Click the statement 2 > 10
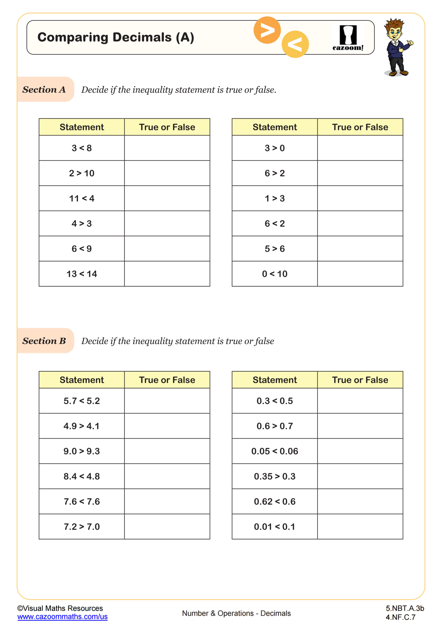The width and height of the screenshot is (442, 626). point(82,173)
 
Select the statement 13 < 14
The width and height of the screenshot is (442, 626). point(82,274)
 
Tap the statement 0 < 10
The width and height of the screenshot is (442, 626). point(275,274)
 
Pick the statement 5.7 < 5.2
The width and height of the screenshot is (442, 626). point(82,401)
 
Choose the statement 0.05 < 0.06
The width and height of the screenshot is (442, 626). point(275,451)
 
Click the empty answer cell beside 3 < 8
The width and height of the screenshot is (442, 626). point(167,148)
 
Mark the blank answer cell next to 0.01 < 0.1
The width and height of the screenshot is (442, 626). point(360,526)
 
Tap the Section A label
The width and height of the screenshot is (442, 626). point(44,89)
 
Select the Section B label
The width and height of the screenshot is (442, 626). point(44,341)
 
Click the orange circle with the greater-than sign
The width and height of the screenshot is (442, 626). point(267,30)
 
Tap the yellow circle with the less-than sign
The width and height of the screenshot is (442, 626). point(295,44)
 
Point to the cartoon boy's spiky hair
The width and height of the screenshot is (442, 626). point(394,24)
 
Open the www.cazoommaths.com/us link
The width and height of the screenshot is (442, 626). point(62,616)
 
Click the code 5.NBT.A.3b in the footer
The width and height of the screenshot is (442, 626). point(405,608)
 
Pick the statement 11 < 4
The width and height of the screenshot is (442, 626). point(82,198)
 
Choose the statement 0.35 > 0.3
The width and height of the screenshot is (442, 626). point(275,476)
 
